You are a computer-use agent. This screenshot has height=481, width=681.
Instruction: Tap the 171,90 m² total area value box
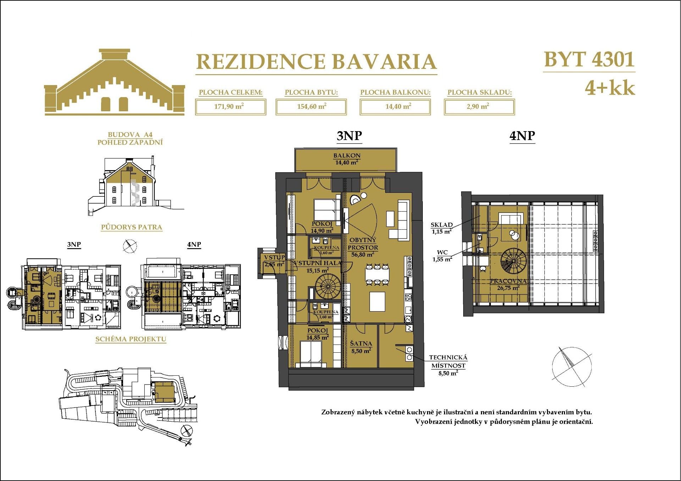[231, 107]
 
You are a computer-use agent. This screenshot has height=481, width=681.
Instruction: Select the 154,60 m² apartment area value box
[311, 107]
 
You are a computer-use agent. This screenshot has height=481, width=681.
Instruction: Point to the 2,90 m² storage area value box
[479, 107]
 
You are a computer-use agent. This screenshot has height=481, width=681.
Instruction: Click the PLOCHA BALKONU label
[395, 93]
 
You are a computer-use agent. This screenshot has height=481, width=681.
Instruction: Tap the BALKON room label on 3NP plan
[347, 156]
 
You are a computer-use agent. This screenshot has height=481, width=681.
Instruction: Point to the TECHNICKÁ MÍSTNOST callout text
[448, 362]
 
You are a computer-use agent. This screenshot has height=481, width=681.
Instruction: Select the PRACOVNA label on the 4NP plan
[508, 281]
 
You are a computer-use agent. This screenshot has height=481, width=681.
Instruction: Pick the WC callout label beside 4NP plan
[442, 252]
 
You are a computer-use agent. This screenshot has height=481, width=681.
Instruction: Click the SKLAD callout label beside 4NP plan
[442, 225]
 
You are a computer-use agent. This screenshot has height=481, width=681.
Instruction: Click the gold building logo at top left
[114, 83]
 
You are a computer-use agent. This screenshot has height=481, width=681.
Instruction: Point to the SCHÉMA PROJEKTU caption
[131, 339]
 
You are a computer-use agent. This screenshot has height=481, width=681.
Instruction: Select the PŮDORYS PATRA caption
[132, 227]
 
